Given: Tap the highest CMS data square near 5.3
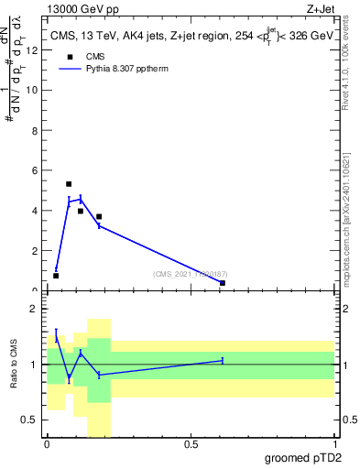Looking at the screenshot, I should [69, 184].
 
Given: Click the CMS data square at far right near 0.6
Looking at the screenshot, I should [223, 283].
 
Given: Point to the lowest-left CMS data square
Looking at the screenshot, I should [56, 276].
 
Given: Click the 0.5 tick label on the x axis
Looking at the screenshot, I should [191, 444].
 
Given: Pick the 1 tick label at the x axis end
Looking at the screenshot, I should [336, 444].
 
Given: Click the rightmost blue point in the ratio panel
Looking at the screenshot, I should [223, 361].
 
